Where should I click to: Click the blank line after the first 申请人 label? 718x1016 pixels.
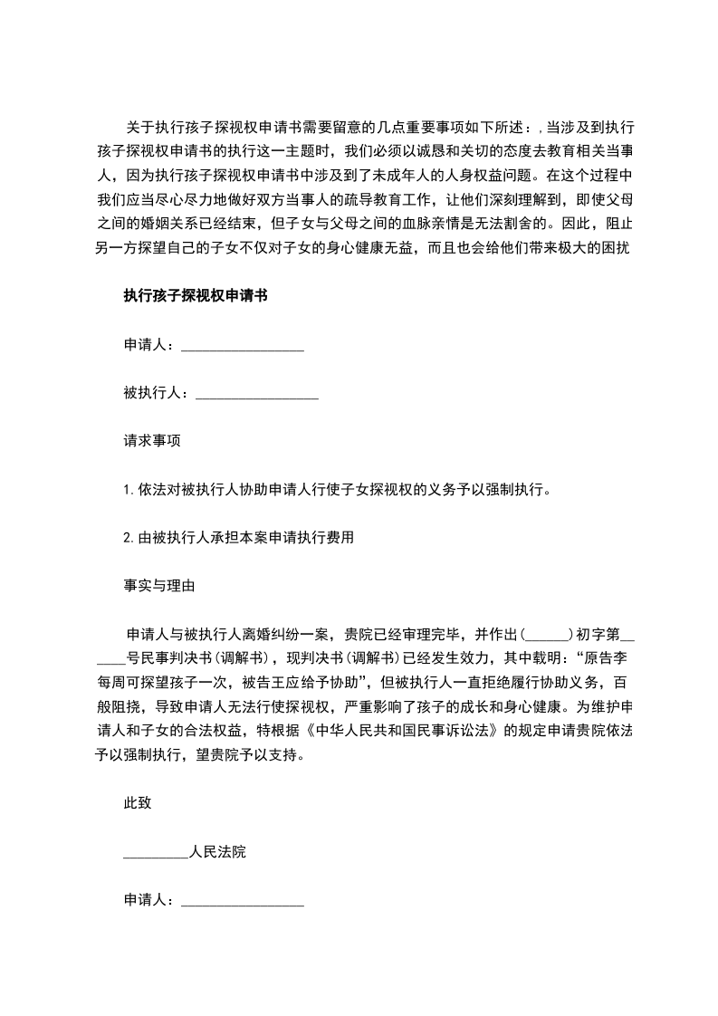pyautogui.click(x=243, y=345)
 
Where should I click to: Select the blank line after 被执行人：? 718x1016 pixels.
pyautogui.click(x=256, y=393)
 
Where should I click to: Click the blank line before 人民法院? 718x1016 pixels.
pyautogui.click(x=156, y=852)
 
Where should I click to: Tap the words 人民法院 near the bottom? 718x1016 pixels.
pyautogui.click(x=218, y=852)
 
